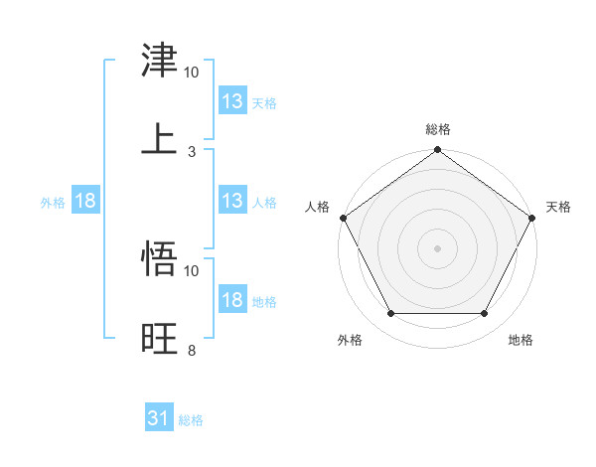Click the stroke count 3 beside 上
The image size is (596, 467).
pyautogui.click(x=191, y=151)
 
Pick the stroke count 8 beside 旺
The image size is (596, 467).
pyautogui.click(x=191, y=350)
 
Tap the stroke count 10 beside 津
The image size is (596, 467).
pyautogui.click(x=192, y=73)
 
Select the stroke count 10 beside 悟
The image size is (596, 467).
pyautogui.click(x=192, y=270)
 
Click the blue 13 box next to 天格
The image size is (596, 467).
pyautogui.click(x=232, y=101)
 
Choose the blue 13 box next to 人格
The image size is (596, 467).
pyautogui.click(x=232, y=201)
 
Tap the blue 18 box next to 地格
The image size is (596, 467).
pyautogui.click(x=232, y=300)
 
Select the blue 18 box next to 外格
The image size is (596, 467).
pyautogui.click(x=85, y=201)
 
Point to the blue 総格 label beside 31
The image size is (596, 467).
pyautogui.click(x=192, y=420)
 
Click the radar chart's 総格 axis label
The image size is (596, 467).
pyautogui.click(x=438, y=129)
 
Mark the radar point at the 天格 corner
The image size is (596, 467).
pyautogui.click(x=533, y=218)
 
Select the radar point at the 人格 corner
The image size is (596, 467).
pyautogui.click(x=343, y=218)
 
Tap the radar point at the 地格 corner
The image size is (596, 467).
pyautogui.click(x=485, y=314)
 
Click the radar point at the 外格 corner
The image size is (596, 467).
pyautogui.click(x=390, y=314)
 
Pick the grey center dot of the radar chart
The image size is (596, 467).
pyautogui.click(x=438, y=247)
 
